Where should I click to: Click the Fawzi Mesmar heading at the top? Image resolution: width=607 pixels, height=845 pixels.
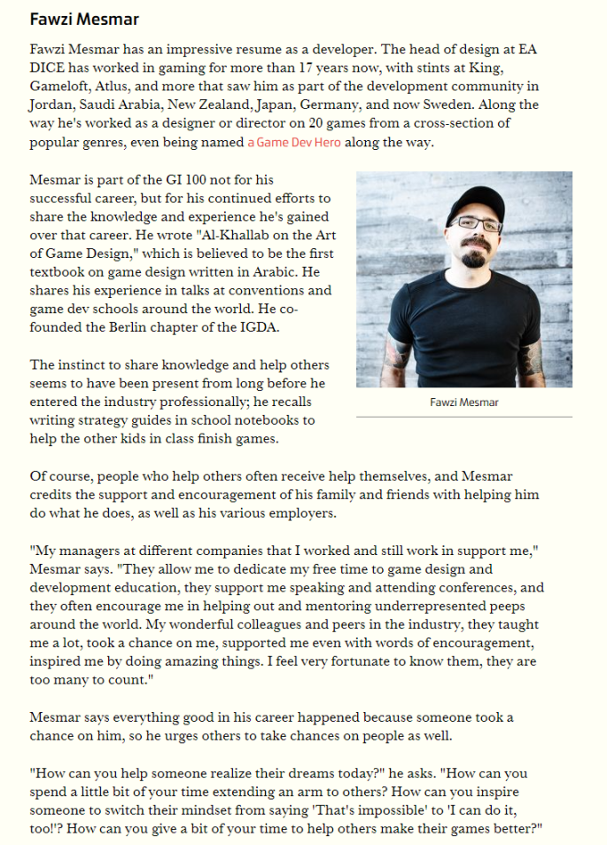[x=84, y=19]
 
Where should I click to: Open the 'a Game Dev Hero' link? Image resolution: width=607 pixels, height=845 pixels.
[x=293, y=142]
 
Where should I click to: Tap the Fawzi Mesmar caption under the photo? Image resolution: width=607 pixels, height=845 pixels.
[x=463, y=403]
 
